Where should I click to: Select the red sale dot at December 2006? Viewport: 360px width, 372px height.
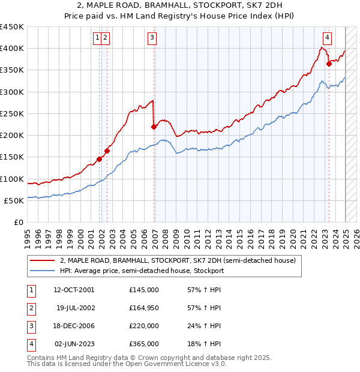pos(154,127)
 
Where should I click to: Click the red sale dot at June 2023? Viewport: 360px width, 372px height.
pos(329,64)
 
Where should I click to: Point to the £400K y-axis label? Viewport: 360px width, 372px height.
pos(12,49)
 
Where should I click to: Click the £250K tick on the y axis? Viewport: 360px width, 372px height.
pos(12,113)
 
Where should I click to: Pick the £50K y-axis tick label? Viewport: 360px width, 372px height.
pos(14,200)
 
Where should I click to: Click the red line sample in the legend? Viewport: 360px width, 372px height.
pos(43,261)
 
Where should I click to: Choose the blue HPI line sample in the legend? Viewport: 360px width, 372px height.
pos(43,271)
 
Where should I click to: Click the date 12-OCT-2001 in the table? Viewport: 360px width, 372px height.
pos(74,290)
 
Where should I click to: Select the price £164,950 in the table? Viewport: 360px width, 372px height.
pos(144,308)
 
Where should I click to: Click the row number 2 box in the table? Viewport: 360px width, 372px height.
pos(30,308)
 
